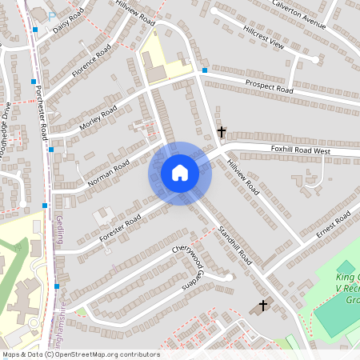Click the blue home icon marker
click(x=180, y=173)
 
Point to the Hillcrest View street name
click(x=261, y=36)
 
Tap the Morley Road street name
click(x=98, y=118)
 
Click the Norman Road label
click(x=108, y=173)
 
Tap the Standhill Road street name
click(x=235, y=246)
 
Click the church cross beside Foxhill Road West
click(x=222, y=131)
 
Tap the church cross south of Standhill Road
click(x=263, y=306)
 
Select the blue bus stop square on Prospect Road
click(x=205, y=70)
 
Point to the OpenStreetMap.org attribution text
click(x=81, y=354)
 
